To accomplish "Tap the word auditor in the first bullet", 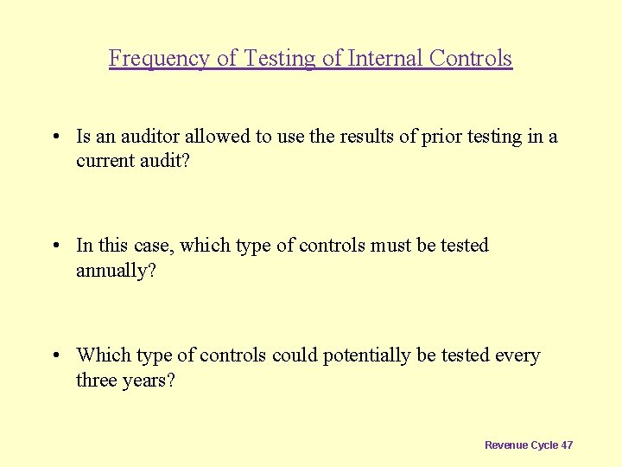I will [147, 137].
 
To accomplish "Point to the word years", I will [149, 381].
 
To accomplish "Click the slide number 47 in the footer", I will [567, 445].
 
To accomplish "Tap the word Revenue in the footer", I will [505, 445].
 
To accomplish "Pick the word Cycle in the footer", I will [544, 445].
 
